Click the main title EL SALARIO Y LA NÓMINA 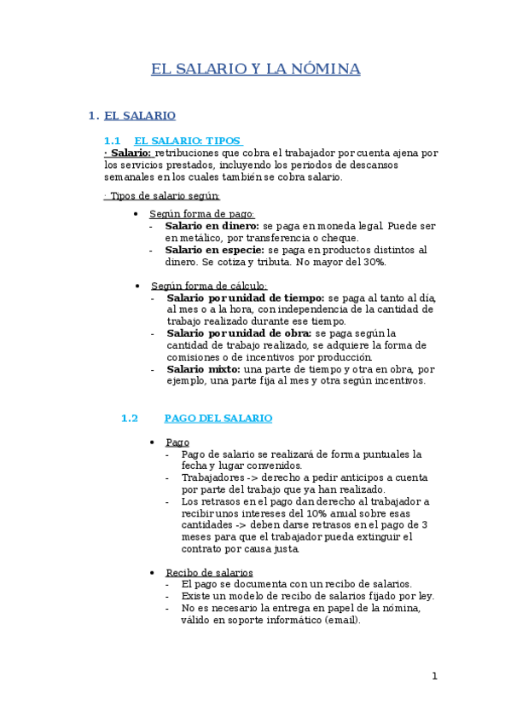[x=255, y=69]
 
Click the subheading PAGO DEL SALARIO [x=218, y=418]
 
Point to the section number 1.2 [x=129, y=418]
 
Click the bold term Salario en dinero [x=206, y=226]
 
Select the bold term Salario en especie [x=214, y=250]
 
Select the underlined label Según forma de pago [x=202, y=214]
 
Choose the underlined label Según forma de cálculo [x=209, y=286]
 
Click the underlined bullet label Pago [x=177, y=442]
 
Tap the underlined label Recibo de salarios [x=209, y=572]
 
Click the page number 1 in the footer [x=434, y=676]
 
